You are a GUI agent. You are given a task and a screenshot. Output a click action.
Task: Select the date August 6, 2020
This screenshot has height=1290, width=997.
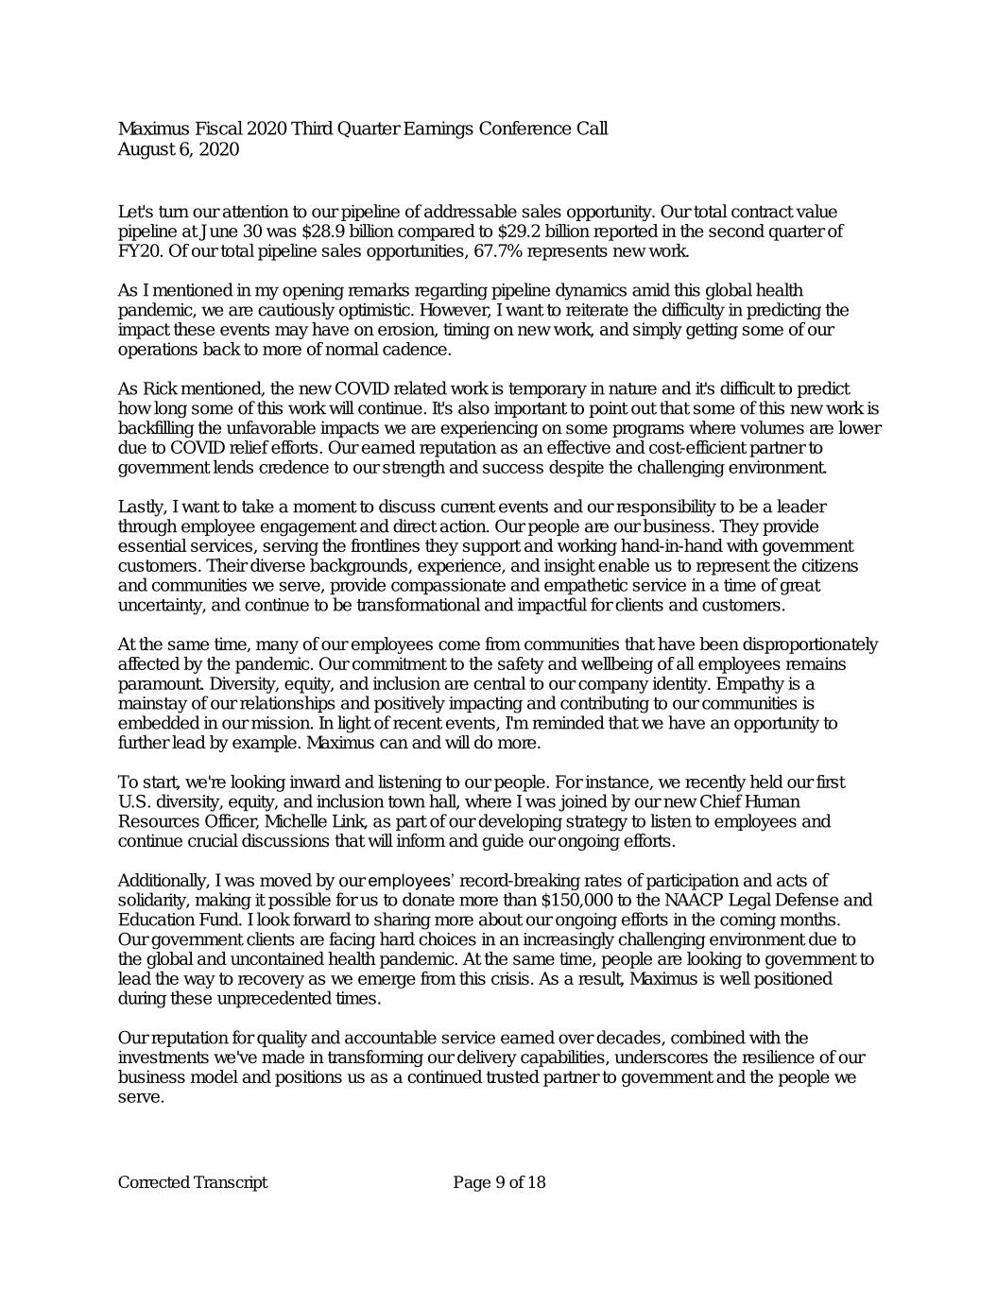[x=179, y=149]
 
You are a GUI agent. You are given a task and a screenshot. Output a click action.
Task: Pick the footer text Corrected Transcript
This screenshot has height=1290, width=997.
[x=193, y=1183]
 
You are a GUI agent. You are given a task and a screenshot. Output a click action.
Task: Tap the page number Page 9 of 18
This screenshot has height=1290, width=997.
[x=499, y=1183]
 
